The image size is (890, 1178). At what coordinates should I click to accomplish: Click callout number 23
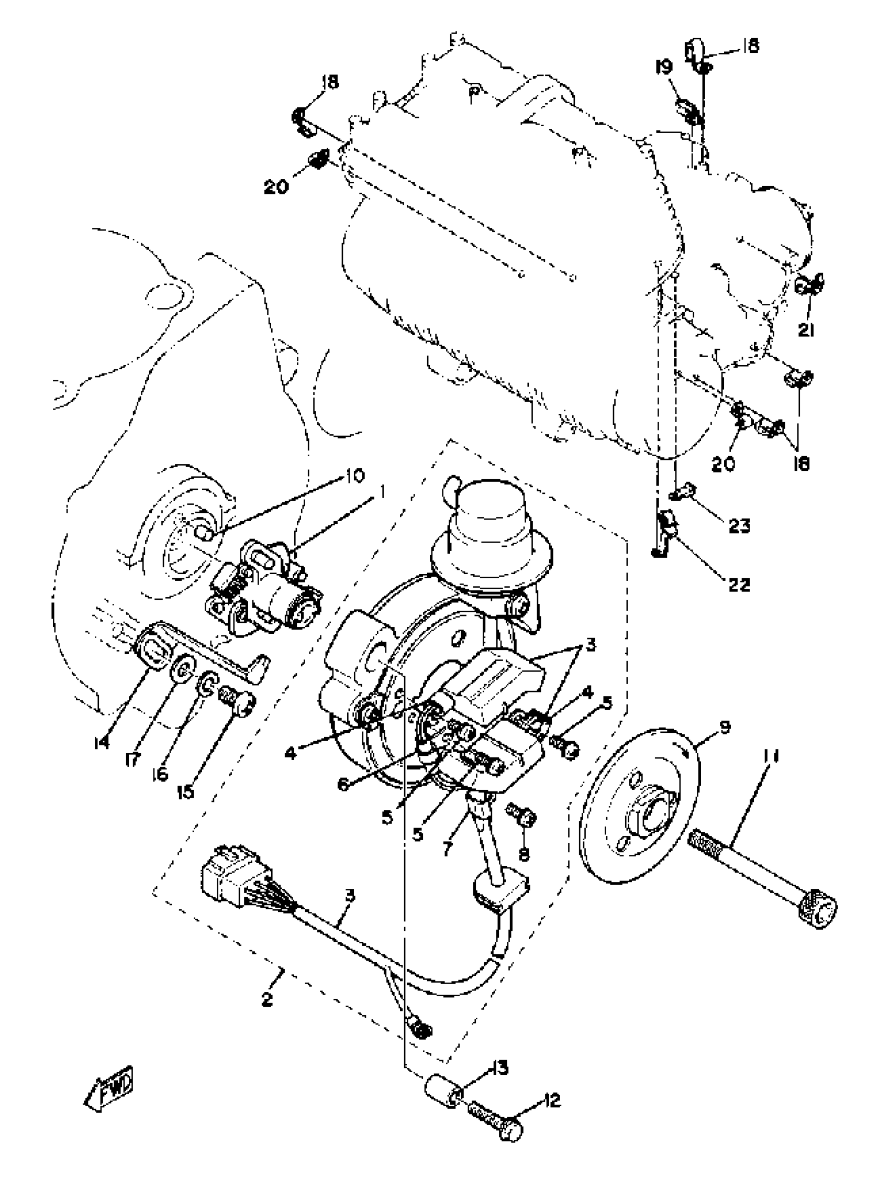coord(739,526)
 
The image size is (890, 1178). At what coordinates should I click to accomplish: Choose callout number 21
coord(806,330)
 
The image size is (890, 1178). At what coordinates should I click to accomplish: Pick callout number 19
coord(664,67)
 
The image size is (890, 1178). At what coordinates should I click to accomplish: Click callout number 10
coord(353,475)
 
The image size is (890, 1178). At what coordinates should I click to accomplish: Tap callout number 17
coord(132,758)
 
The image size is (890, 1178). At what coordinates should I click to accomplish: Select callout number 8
coord(524,854)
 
